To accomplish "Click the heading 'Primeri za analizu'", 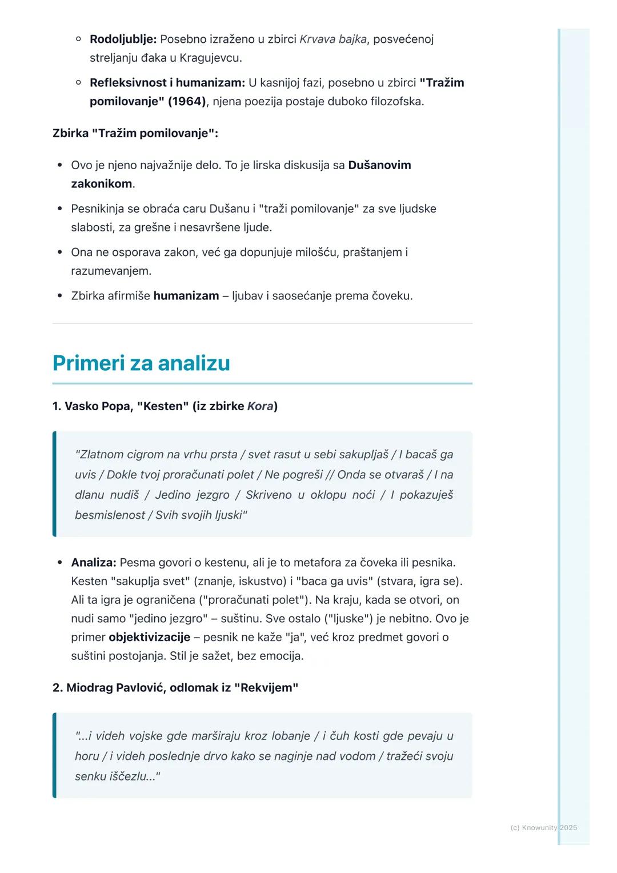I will point(141,363).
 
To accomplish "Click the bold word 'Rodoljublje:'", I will point(123,39).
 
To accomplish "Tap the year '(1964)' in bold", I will point(186,102).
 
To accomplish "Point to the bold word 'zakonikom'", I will point(101,184).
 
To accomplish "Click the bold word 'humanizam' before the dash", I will point(186,296).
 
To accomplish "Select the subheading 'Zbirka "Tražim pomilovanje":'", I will point(135,134).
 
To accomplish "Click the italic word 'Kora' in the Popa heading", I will point(260,406).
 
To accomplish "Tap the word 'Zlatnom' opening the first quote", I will point(99,455).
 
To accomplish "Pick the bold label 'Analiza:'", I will point(94,563).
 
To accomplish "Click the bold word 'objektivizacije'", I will point(149,637).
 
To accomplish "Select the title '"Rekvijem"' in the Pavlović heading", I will point(266,688).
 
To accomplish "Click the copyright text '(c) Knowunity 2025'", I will point(543,828).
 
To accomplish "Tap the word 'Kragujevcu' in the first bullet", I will point(210,58).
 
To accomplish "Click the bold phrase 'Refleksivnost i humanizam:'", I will point(167,83).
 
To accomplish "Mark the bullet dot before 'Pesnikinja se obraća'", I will point(59,209).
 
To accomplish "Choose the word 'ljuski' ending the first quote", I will point(228,515).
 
